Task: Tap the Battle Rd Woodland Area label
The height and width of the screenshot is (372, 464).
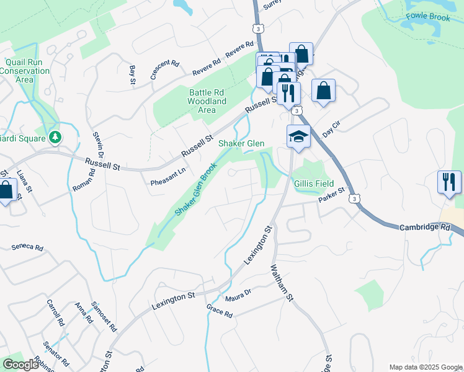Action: point(207,101)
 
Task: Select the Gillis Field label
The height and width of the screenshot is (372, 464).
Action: point(315,184)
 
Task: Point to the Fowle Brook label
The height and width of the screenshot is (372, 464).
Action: point(427,17)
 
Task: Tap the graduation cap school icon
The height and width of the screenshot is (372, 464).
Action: point(298,137)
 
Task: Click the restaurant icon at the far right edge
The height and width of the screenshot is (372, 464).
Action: point(449,182)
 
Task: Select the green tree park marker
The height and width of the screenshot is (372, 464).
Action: point(56,136)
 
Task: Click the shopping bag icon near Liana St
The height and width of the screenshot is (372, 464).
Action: point(6,190)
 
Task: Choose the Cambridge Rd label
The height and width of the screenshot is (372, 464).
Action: point(424,228)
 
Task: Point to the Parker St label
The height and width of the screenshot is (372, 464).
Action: point(331,197)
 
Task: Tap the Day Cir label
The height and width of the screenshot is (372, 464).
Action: point(332,130)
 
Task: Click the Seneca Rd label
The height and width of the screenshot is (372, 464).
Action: point(27,247)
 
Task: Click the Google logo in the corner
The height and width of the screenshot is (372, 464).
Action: point(20,365)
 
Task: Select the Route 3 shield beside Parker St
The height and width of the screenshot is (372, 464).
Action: point(353,198)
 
